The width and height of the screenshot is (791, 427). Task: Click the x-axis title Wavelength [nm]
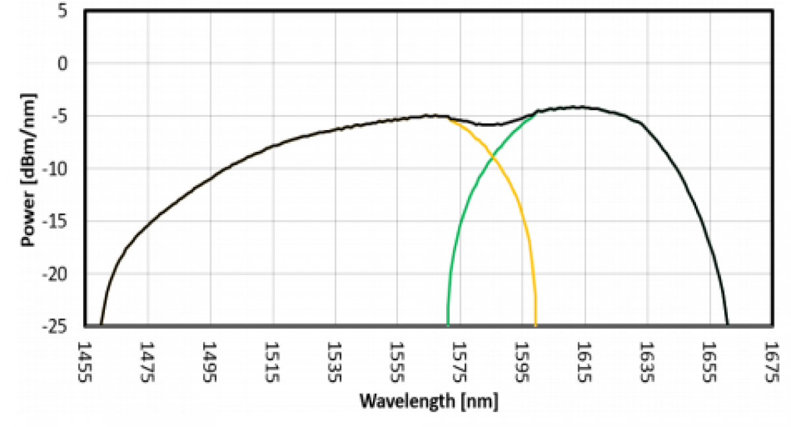pyautogui.click(x=428, y=401)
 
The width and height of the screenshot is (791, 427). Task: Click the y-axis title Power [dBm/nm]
pyautogui.click(x=28, y=169)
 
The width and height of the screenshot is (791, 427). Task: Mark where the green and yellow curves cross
pyautogui.click(x=492, y=158)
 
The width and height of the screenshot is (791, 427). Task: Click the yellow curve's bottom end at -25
pyautogui.click(x=535, y=325)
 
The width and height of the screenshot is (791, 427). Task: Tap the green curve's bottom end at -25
pyautogui.click(x=448, y=325)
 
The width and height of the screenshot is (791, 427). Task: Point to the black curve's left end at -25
pyautogui.click(x=101, y=325)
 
